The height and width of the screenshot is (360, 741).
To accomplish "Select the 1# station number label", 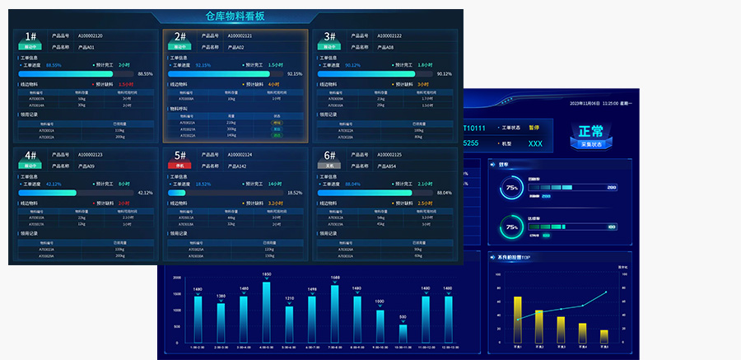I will [x=30, y=36].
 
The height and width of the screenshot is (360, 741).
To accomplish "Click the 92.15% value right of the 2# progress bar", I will [x=295, y=73].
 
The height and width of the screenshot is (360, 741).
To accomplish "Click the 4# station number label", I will [x=30, y=155].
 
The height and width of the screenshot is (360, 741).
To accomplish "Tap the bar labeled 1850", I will [x=267, y=311].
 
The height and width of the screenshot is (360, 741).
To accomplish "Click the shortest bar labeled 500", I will [x=403, y=333].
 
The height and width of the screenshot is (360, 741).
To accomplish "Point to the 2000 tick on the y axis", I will [x=177, y=278].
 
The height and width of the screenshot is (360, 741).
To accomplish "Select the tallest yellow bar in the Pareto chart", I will [x=518, y=320].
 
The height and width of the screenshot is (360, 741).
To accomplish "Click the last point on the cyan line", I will [x=606, y=292].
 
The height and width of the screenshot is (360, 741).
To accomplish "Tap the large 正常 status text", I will [x=591, y=132].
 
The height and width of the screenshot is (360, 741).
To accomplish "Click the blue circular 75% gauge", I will [x=512, y=188].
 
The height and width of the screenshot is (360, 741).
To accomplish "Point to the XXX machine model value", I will [x=535, y=143].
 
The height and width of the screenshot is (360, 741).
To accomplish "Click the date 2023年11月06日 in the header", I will [x=583, y=104].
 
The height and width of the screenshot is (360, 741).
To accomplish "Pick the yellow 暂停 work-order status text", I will [x=534, y=128].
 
